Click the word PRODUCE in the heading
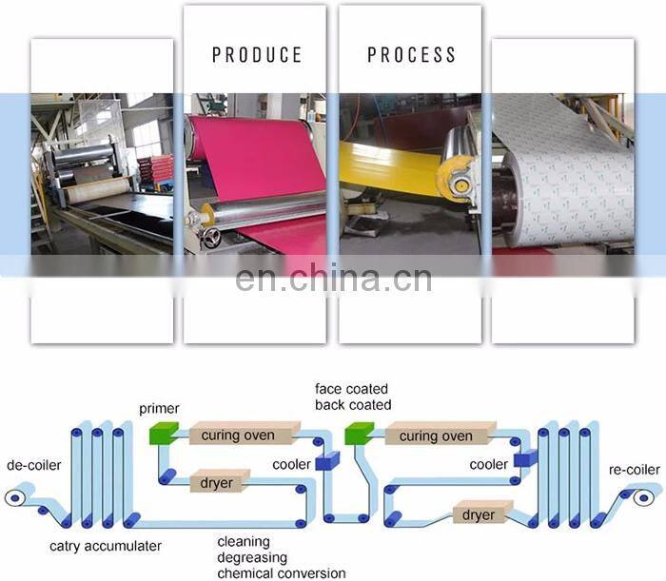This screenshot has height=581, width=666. pos(257,54)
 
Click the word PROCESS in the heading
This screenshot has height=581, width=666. pos(411,54)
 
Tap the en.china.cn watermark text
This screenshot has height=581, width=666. pos(332,279)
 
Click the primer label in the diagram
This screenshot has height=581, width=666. pos(158,409)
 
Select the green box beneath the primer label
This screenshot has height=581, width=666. pos(165,435)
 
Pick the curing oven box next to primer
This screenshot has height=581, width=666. pos(237,436)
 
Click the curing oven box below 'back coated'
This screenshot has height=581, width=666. pos(435,436)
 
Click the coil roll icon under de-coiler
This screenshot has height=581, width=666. pos(16,497)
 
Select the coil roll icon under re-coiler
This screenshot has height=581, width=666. pos(648,497)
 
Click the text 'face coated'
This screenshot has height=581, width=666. pos(353,389)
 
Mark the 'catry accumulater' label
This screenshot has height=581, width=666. pos(106,546)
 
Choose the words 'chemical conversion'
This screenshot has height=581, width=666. pos(282,572)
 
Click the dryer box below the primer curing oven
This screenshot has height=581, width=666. pos(217,482)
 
